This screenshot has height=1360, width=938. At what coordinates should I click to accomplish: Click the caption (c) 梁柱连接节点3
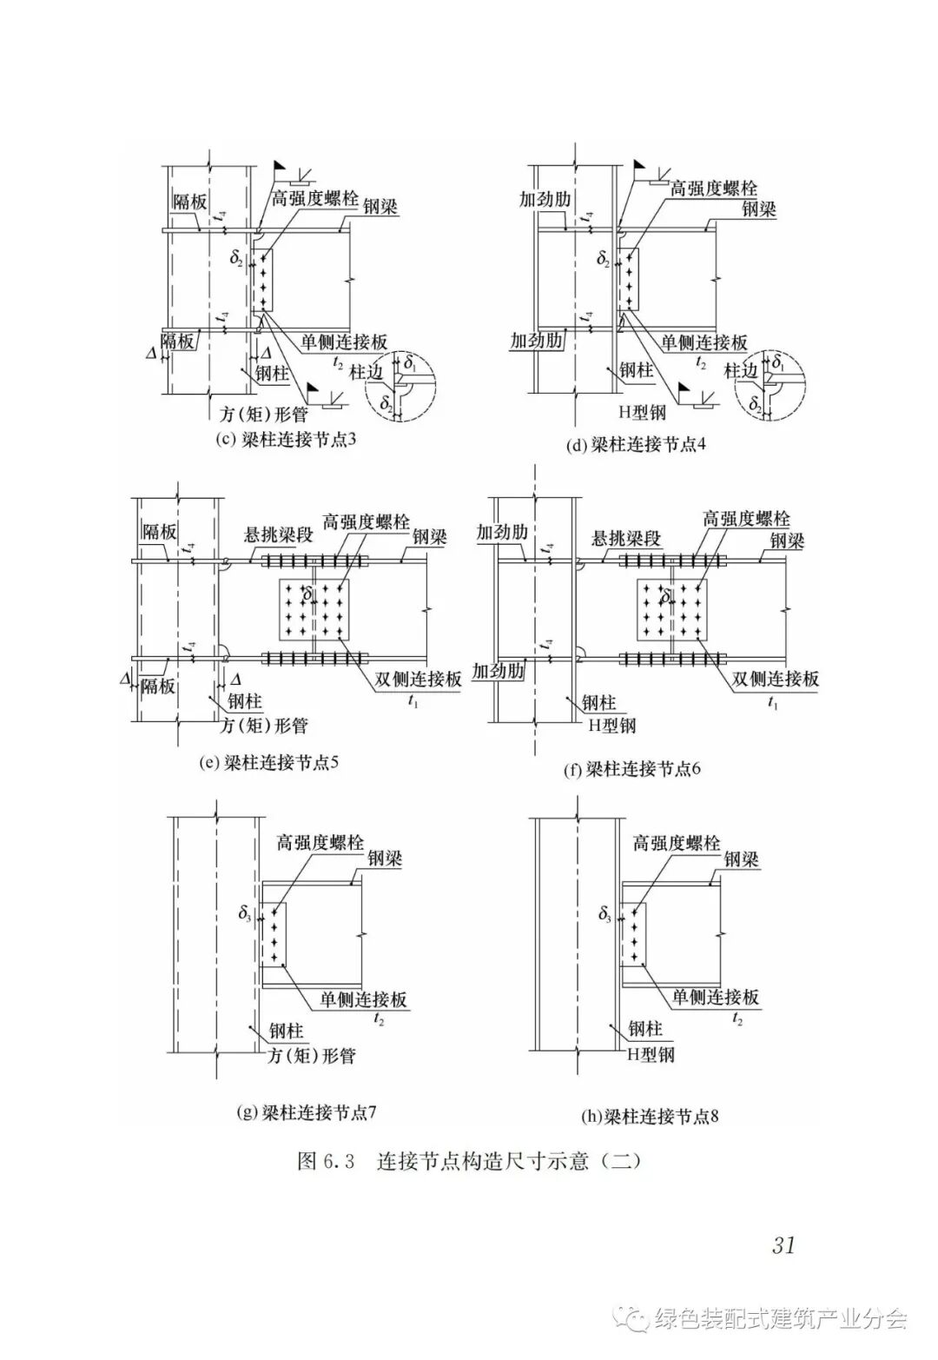[286, 439]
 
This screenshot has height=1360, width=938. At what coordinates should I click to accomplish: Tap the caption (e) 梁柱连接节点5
[268, 764]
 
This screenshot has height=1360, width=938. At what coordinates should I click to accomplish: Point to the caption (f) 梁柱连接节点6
[632, 769]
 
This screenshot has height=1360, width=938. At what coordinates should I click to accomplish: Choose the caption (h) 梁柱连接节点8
[650, 1117]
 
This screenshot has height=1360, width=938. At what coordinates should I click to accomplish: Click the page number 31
[783, 1244]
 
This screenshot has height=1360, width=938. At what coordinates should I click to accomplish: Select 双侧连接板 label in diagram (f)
[776, 679]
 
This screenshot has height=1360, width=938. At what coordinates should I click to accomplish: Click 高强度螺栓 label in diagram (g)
[320, 842]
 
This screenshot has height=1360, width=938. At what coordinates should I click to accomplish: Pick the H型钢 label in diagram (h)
[651, 1054]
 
